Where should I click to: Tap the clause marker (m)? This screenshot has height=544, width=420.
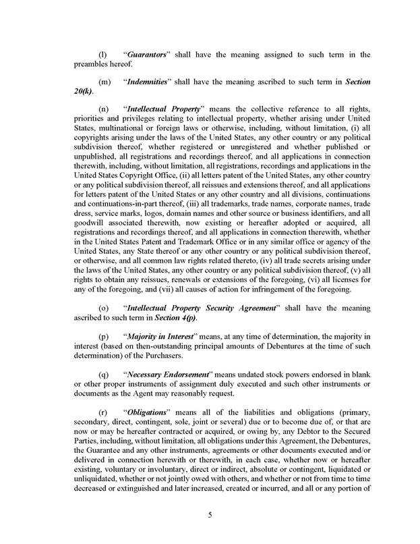(x=104, y=81)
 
